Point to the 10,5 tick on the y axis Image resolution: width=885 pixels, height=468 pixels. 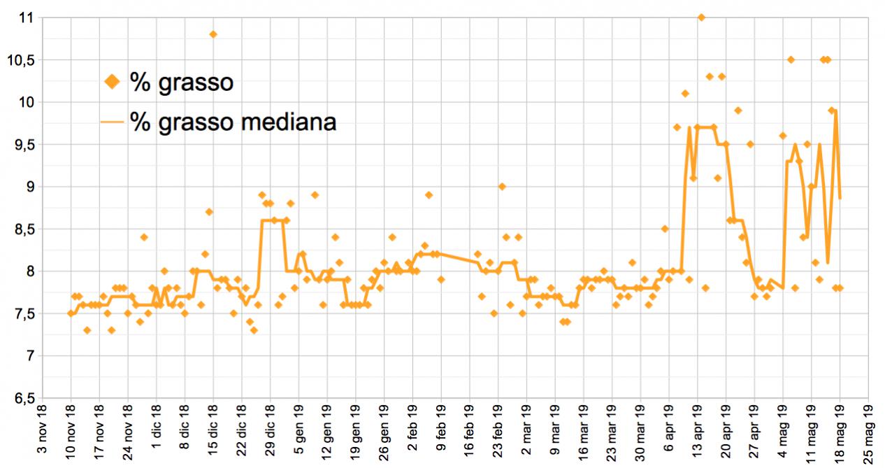[x=20, y=60]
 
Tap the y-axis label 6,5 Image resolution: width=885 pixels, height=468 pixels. [x=22, y=399]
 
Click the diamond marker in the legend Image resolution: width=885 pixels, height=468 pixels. [x=111, y=82]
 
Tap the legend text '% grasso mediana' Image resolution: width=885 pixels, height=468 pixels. [x=233, y=122]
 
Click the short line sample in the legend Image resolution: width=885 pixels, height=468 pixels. [x=111, y=122]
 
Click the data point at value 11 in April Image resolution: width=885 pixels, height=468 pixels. [x=701, y=17]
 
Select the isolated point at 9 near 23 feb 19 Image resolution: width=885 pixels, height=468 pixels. [x=502, y=187]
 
